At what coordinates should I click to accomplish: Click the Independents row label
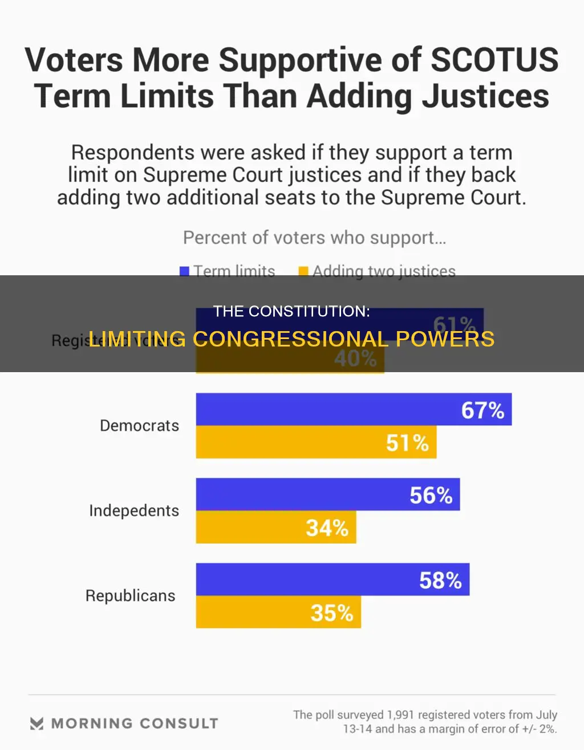pos(134,511)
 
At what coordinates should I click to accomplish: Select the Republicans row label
pos(130,596)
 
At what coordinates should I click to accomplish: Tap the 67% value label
pos(482,410)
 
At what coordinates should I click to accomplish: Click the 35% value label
pos(331,613)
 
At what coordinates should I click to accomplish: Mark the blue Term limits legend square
pos(185,271)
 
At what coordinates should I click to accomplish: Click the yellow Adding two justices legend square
pos(303,271)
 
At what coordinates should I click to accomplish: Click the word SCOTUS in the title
pos(494,60)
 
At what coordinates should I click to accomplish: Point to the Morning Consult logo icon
pos(36,724)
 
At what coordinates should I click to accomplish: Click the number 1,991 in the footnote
pos(401,715)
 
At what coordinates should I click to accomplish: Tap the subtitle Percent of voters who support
pos(314,238)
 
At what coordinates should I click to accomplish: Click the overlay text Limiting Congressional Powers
pos(291,339)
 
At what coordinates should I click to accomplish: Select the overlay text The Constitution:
pos(291,311)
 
